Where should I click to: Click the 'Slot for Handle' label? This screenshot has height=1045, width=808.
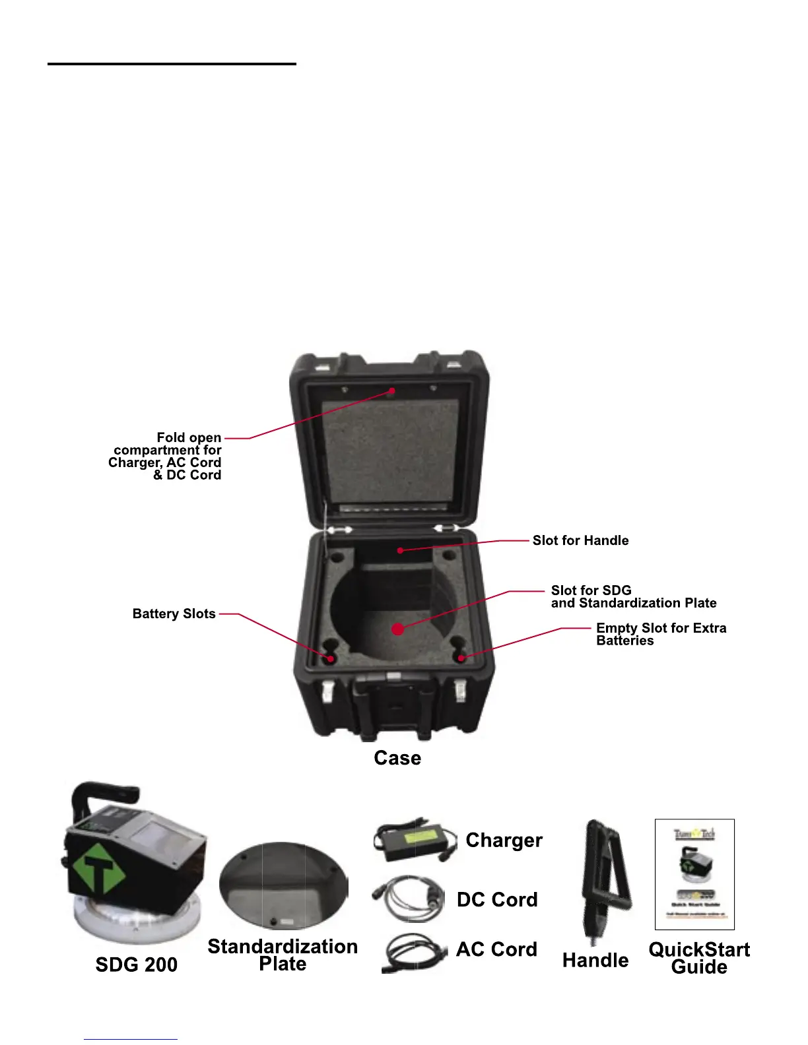click(580, 540)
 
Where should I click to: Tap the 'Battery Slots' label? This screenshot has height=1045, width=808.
click(174, 614)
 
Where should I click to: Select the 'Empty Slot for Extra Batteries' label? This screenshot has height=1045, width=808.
click(660, 634)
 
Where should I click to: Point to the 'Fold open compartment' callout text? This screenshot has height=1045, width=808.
click(165, 456)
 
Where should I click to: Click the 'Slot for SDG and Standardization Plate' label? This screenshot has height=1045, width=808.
click(633, 596)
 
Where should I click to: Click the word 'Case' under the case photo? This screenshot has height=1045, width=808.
click(397, 757)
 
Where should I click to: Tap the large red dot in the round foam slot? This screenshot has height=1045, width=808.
click(397, 629)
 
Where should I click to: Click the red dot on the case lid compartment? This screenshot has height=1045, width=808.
click(391, 391)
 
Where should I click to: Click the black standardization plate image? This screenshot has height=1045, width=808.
click(283, 886)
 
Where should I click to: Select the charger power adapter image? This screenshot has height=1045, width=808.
click(415, 842)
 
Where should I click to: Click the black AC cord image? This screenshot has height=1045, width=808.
click(414, 953)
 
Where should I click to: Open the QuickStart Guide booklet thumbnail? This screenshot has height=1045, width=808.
click(694, 874)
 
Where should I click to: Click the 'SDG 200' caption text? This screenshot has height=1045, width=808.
click(137, 965)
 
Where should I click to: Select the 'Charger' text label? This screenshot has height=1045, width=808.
click(504, 840)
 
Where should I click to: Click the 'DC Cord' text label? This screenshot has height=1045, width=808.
click(497, 899)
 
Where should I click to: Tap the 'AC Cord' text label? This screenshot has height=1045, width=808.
click(496, 949)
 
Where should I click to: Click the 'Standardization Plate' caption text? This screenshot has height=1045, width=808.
click(283, 955)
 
